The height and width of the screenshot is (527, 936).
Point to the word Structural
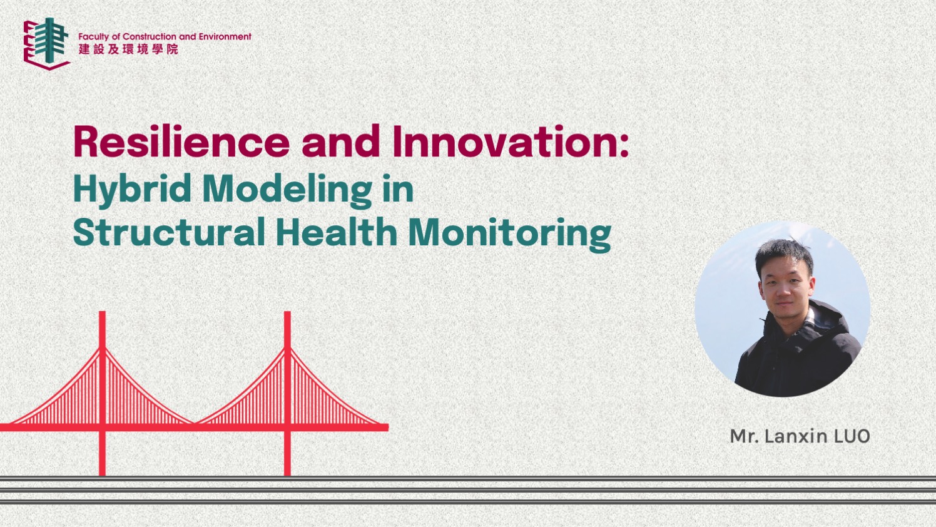pyautogui.click(x=169, y=233)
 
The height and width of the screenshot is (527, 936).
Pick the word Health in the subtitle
pyautogui.click(x=336, y=232)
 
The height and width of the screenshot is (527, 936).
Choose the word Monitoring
pyautogui.click(x=509, y=233)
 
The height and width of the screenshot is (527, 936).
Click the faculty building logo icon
pyautogui.click(x=46, y=43)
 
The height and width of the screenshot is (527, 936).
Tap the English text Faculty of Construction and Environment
pyautogui.click(x=165, y=37)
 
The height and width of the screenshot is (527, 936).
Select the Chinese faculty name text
pyautogui.click(x=128, y=49)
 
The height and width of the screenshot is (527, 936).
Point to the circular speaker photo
pyautogui.click(x=782, y=309)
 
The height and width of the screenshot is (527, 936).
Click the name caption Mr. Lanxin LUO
pyautogui.click(x=800, y=436)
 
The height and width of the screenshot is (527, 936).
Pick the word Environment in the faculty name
pyautogui.click(x=225, y=37)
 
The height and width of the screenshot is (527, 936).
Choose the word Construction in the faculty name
pyautogui.click(x=150, y=37)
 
